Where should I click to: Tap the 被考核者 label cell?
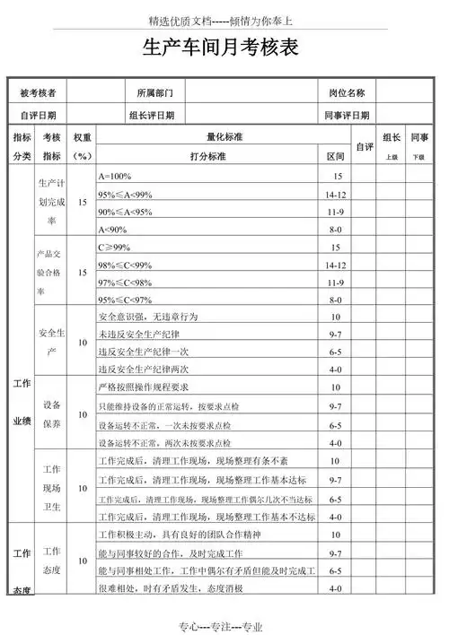pos(38,92)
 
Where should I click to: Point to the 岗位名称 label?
pos(346,92)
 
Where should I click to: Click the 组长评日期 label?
pos(152,115)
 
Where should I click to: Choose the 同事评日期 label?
pos(346,115)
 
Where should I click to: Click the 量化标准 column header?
pos(224,137)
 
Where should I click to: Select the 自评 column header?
pos(364,146)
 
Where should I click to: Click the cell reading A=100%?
pos(115,177)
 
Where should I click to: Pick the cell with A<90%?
pos(113,229)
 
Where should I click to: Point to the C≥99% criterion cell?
pos(114,247)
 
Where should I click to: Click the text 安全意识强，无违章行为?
pos(145,317)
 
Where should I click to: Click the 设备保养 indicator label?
pos(51,413)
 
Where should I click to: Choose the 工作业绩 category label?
pos(21,402)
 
